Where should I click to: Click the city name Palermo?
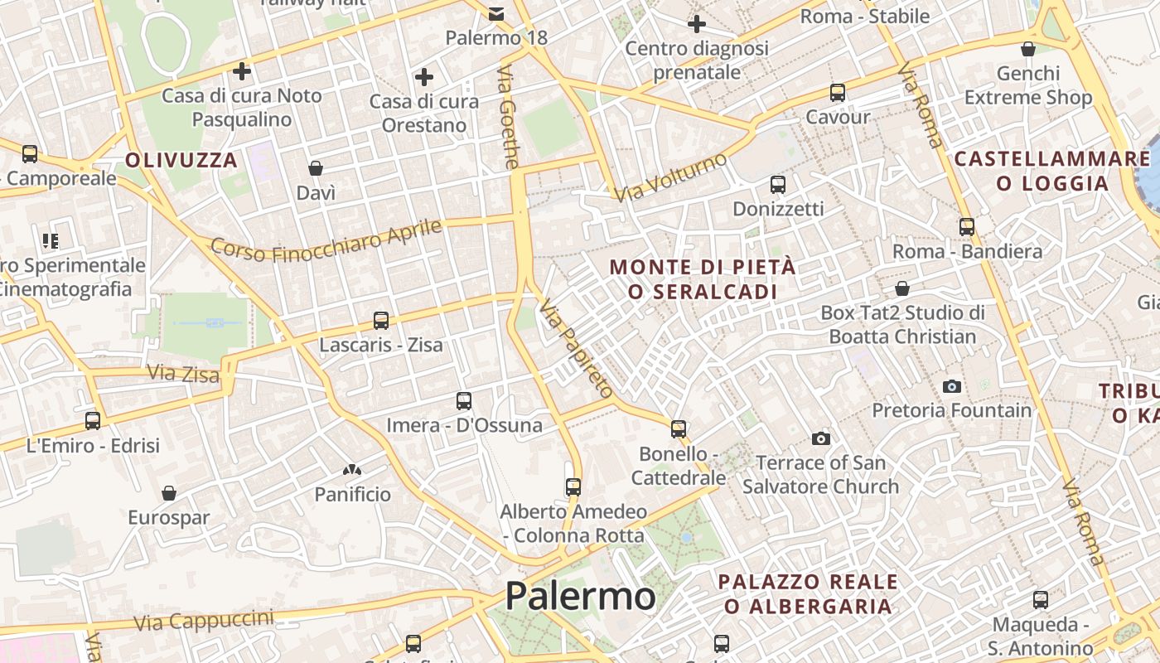tap(580, 596)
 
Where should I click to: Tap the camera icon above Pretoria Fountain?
tap(951, 386)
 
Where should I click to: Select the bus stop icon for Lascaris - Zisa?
tap(381, 320)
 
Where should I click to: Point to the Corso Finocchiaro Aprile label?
tap(326, 239)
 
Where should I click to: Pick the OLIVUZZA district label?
tap(181, 160)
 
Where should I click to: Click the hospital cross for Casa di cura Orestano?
tap(424, 78)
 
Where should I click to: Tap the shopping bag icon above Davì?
tap(316, 169)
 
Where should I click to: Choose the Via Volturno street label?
tap(671, 177)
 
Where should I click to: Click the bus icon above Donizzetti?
tap(777, 184)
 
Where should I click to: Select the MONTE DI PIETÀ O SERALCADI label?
tap(703, 279)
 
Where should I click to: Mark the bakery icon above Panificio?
tap(352, 470)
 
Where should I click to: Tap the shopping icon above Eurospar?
tap(169, 493)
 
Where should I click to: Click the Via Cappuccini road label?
tap(203, 619)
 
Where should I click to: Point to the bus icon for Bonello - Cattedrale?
tap(679, 428)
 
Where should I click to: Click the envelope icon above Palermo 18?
tap(496, 13)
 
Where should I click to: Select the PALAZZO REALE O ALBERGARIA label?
tap(808, 594)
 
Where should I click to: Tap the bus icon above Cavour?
tap(838, 92)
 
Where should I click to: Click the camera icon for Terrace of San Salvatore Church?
tap(821, 438)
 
